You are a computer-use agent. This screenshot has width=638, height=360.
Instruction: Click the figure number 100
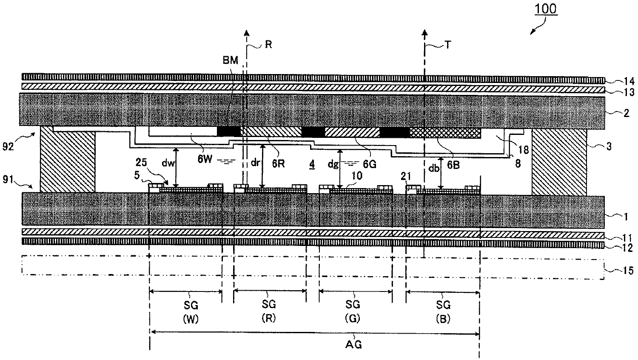[545, 9]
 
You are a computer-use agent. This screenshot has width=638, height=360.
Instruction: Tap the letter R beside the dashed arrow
[268, 45]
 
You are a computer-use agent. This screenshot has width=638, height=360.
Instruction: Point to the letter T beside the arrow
[448, 45]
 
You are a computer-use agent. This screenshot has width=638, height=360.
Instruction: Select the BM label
[230, 60]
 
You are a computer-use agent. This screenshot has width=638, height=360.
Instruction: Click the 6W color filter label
[205, 159]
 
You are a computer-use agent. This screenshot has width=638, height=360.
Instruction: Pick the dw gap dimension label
[168, 163]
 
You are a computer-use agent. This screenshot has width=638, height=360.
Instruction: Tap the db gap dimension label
[434, 169]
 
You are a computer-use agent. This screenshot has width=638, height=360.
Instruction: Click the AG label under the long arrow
[353, 345]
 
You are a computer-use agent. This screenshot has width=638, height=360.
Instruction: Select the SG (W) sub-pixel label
[191, 312]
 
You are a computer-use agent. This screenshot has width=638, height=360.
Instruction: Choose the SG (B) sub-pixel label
[443, 312]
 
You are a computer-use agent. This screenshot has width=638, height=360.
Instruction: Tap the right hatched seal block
[559, 162]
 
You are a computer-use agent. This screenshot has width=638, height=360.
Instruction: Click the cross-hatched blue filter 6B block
[445, 133]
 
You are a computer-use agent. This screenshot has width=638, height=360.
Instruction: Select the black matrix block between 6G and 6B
[394, 132]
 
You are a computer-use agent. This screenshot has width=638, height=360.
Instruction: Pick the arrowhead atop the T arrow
[424, 33]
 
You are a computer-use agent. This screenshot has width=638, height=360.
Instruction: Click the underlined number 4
[312, 164]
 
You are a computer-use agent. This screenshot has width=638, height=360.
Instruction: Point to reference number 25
[141, 162]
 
